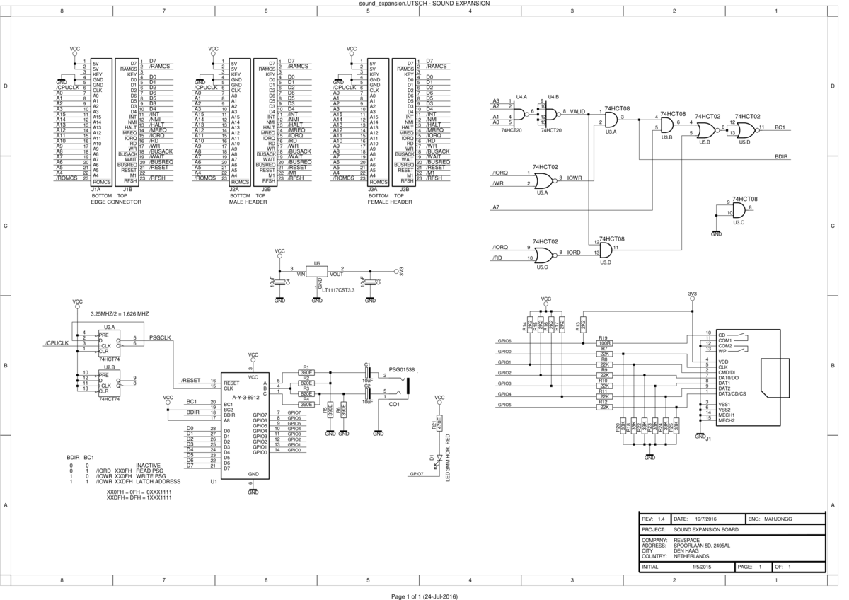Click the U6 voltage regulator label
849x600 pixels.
point(317,263)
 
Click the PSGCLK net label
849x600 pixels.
point(161,337)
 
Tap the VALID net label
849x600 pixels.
point(578,112)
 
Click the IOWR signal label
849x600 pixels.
point(574,179)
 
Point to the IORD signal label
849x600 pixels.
point(574,253)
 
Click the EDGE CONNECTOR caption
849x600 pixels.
point(117,202)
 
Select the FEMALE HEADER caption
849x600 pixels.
point(390,202)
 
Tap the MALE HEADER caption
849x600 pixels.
point(248,202)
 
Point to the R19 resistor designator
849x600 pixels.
point(603,338)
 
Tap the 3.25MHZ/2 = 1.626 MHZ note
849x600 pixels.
point(120,313)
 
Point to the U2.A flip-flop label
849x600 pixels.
point(109,327)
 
